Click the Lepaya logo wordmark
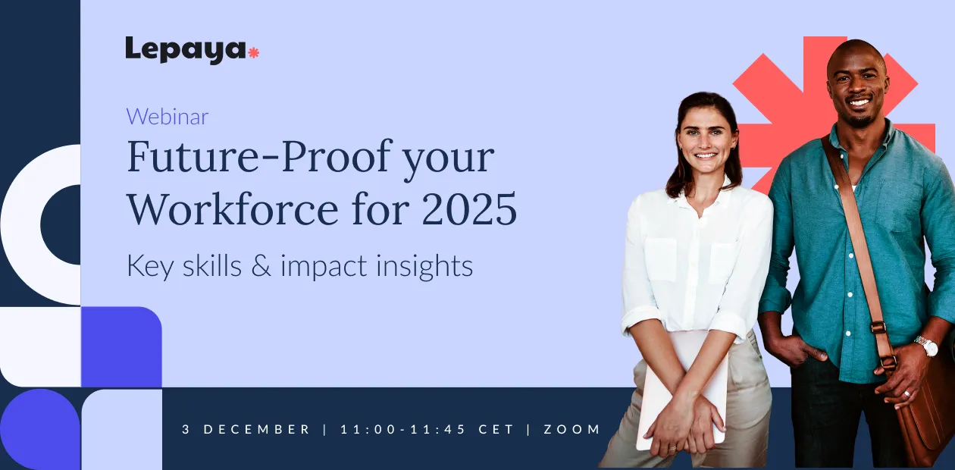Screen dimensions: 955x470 (186, 50)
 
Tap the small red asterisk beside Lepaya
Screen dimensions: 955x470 (253, 52)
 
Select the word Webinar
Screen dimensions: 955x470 (168, 117)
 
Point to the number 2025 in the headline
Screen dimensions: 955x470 (469, 209)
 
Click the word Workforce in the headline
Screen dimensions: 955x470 (233, 209)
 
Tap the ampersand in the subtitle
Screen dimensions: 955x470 (261, 266)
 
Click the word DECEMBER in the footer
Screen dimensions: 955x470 (257, 429)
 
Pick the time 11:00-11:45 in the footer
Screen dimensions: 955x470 (403, 429)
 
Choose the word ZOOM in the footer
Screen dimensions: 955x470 (572, 429)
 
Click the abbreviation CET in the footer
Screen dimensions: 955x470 (496, 429)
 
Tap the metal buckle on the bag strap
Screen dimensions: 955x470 (879, 327)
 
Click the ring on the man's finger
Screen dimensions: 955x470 (906, 393)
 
